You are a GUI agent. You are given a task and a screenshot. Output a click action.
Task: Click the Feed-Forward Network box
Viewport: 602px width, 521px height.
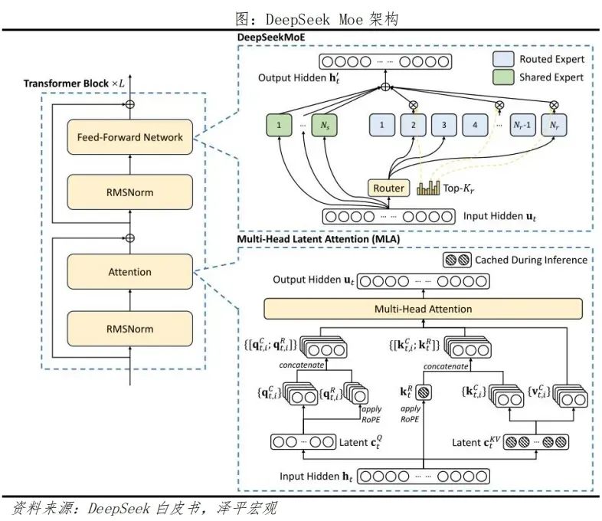point(129,138)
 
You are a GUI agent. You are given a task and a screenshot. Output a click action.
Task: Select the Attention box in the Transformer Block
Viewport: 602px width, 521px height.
point(129,272)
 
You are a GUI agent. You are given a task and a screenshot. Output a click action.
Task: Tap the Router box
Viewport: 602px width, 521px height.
point(389,188)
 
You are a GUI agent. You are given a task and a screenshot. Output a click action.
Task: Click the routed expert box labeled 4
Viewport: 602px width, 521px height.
point(475,125)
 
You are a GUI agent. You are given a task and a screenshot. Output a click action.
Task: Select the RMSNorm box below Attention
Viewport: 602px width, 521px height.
point(129,329)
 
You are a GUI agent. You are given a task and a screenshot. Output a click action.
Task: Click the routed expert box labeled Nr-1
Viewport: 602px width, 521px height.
point(523,125)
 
